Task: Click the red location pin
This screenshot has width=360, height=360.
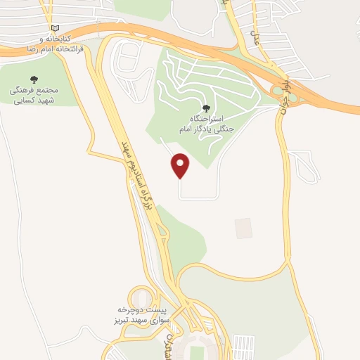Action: (x=181, y=165)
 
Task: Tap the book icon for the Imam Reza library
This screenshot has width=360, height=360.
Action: (x=46, y=26)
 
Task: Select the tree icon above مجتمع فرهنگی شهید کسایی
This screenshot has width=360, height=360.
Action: (x=32, y=79)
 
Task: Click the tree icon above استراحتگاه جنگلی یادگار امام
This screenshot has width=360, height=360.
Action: (x=205, y=108)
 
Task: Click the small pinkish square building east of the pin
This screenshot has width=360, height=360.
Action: (x=243, y=228)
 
